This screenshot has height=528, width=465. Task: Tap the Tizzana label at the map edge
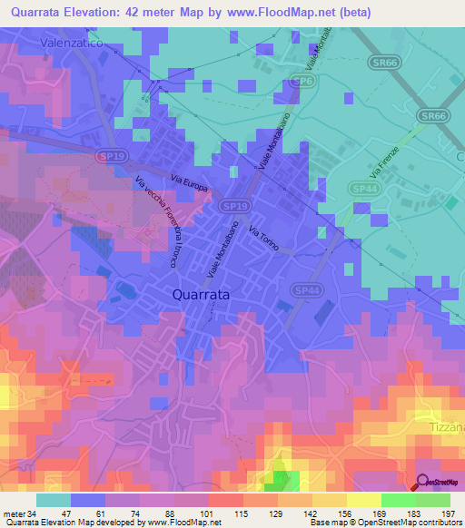click(446, 426)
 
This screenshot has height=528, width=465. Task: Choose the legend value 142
click(296, 514)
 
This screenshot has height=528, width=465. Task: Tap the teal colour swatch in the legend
click(53, 500)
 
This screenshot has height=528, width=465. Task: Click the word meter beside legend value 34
click(14, 514)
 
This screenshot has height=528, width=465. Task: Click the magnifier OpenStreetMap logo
click(422, 483)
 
